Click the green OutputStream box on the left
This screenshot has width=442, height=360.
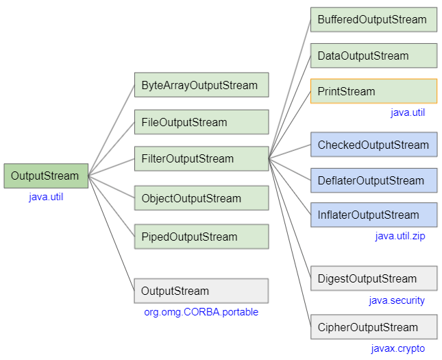(45, 176)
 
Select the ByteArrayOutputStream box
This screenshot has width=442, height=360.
(201, 86)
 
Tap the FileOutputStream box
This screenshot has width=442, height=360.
(201, 123)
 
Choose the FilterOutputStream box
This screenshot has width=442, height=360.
(201, 158)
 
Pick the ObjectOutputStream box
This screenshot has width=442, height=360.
(201, 198)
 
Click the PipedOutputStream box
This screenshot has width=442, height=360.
(201, 237)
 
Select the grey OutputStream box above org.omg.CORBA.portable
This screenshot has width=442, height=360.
(201, 291)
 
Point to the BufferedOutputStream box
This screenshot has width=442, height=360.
(373, 20)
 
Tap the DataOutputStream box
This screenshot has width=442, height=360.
(373, 56)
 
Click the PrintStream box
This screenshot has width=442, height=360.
(373, 91)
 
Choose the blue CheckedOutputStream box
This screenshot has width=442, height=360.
(373, 145)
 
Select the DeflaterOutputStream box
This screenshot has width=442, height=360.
(373, 180)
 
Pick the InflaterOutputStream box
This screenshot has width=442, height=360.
(373, 215)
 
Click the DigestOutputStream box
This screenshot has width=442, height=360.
(373, 278)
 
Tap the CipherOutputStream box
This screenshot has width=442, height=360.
(373, 327)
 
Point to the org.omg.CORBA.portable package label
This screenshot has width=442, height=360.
(201, 313)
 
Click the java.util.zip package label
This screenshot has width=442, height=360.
(400, 237)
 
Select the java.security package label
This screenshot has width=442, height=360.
(397, 300)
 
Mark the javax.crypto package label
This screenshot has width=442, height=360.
(398, 349)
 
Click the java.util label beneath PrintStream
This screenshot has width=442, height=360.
(408, 112)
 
